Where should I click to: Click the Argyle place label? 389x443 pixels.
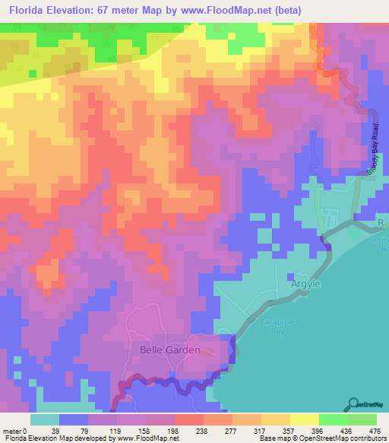click(307, 284)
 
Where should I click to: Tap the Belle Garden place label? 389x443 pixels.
click(170, 350)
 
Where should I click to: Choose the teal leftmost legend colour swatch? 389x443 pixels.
click(45, 419)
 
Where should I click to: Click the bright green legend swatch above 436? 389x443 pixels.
click(334, 419)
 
